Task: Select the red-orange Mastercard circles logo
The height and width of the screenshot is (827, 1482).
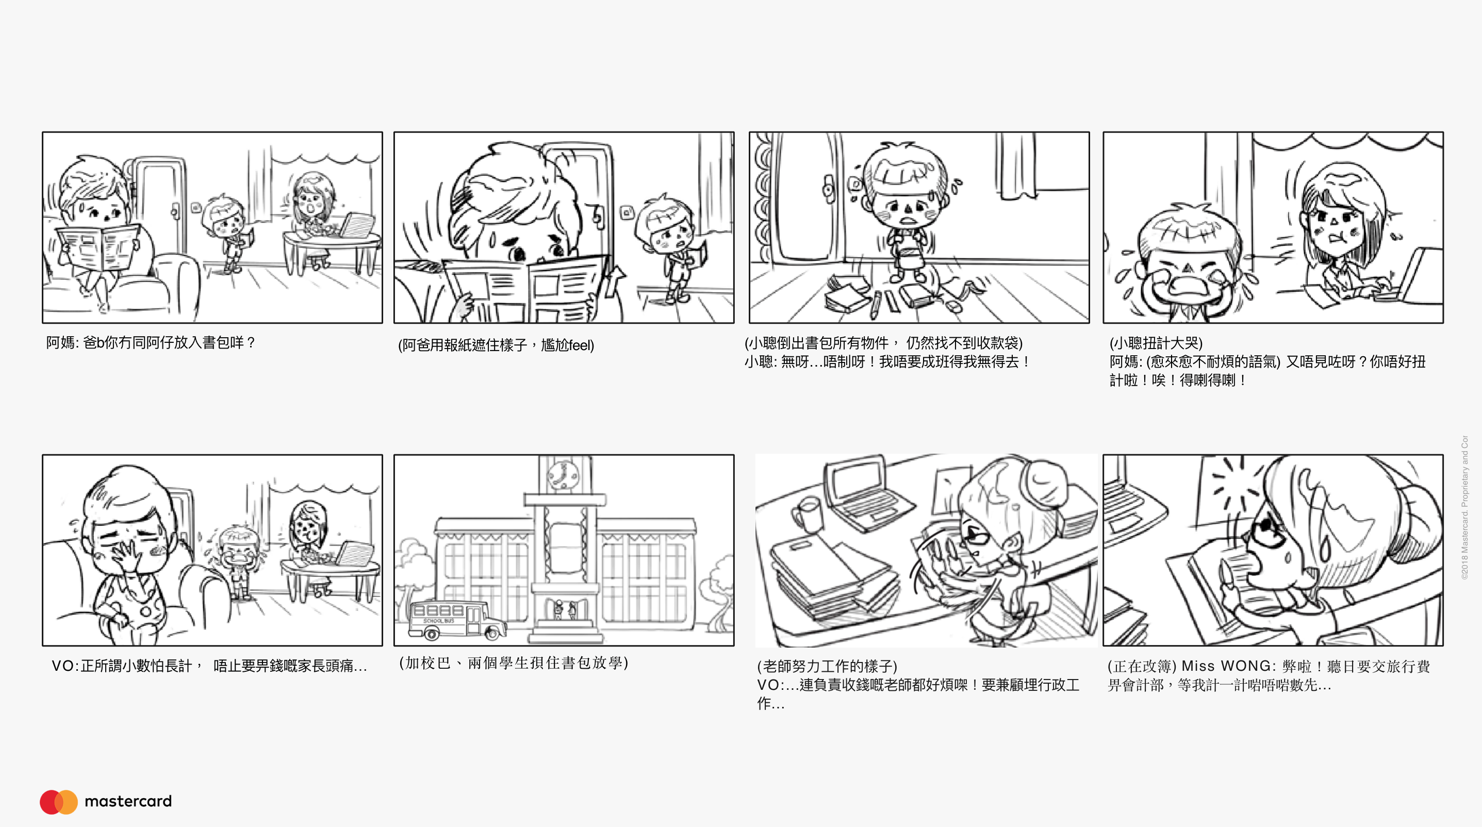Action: point(59,802)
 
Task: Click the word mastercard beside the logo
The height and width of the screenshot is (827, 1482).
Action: point(128,801)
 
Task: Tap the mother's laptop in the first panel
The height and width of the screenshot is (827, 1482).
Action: point(357,225)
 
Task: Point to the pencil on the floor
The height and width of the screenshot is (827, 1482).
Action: point(875,305)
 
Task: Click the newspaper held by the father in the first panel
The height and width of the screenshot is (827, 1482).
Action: point(98,247)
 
